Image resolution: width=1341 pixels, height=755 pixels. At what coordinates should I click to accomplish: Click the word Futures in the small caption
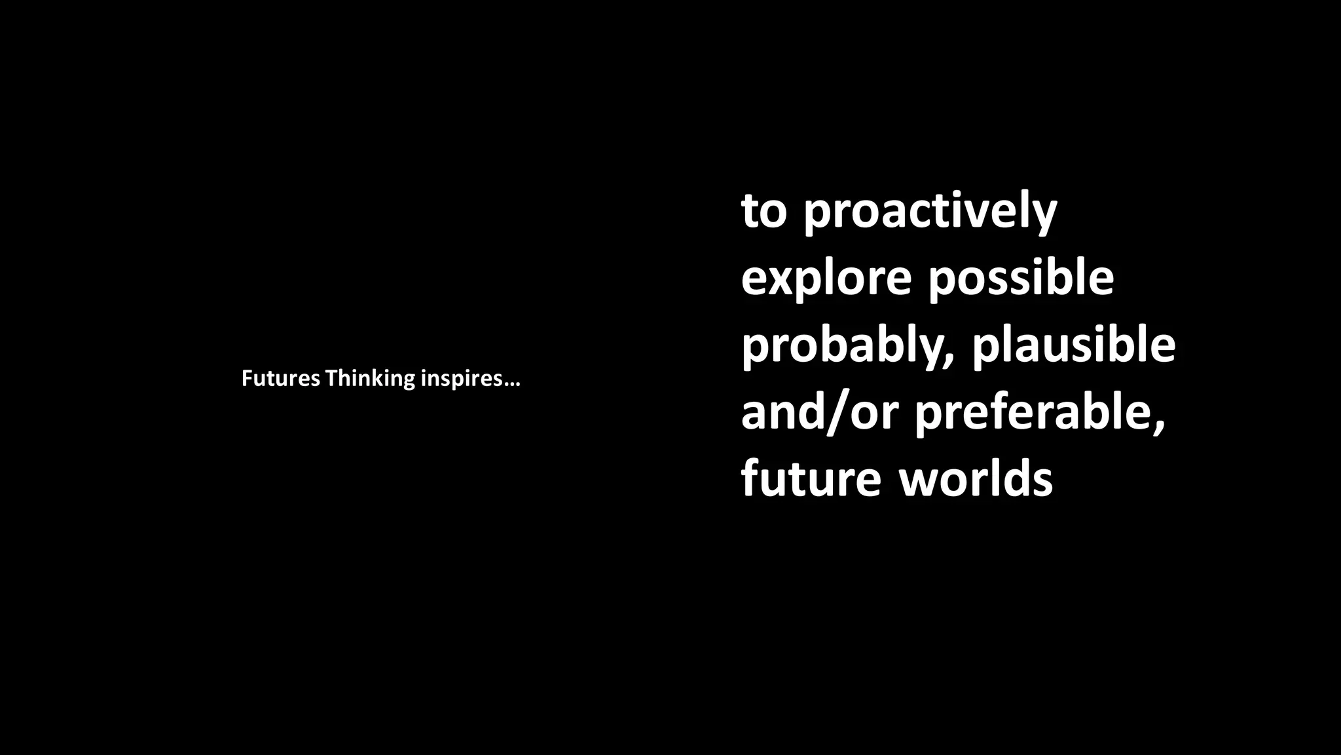(281, 379)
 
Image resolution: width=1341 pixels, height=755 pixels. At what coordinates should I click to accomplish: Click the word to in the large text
(763, 212)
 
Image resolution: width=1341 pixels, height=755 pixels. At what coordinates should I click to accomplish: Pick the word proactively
(930, 212)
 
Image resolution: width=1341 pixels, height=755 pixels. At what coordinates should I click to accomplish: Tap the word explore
(826, 279)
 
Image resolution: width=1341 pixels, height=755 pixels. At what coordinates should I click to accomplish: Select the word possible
(1021, 279)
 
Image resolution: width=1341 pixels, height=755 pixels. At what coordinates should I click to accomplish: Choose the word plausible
(1074, 347)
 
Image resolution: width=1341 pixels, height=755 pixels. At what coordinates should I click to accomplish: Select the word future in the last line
(811, 479)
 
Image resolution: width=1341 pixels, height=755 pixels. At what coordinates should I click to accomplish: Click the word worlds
(976, 479)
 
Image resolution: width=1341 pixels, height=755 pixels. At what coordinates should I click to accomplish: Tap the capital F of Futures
(247, 379)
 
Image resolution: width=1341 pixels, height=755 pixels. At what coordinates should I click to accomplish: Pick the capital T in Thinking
(331, 379)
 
